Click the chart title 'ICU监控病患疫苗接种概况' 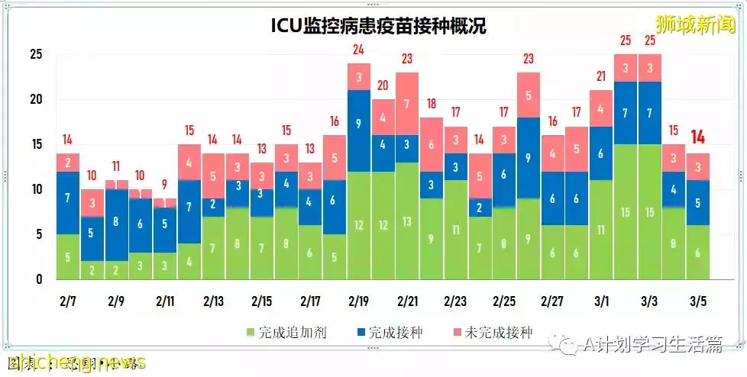tap(379, 26)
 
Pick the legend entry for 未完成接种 tap(496, 333)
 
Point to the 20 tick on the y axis tap(37, 99)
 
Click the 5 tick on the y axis tap(39, 234)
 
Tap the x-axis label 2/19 tap(358, 301)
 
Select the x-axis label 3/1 tap(600, 301)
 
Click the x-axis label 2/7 tap(68, 301)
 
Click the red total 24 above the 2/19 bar tap(358, 50)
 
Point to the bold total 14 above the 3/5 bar tap(697, 137)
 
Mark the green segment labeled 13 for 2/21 tap(407, 221)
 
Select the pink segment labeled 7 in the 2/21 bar tap(407, 104)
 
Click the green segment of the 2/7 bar tap(68, 256)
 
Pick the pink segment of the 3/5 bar tap(697, 167)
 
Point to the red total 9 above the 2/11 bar tap(163, 184)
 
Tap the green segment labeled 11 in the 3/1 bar tap(600, 230)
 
